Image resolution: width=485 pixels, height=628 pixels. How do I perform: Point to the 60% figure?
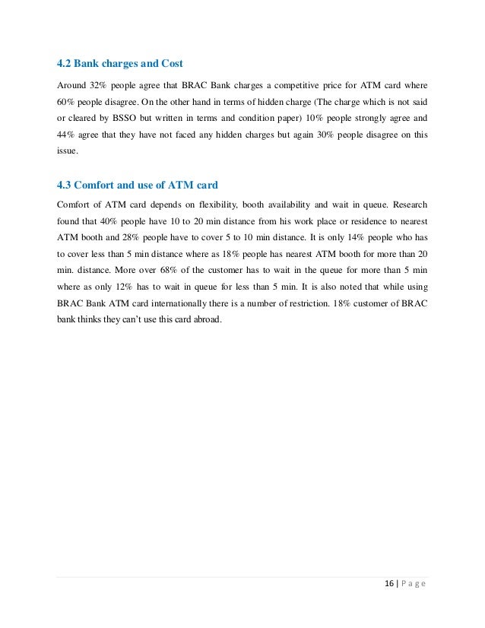pyautogui.click(x=65, y=101)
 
